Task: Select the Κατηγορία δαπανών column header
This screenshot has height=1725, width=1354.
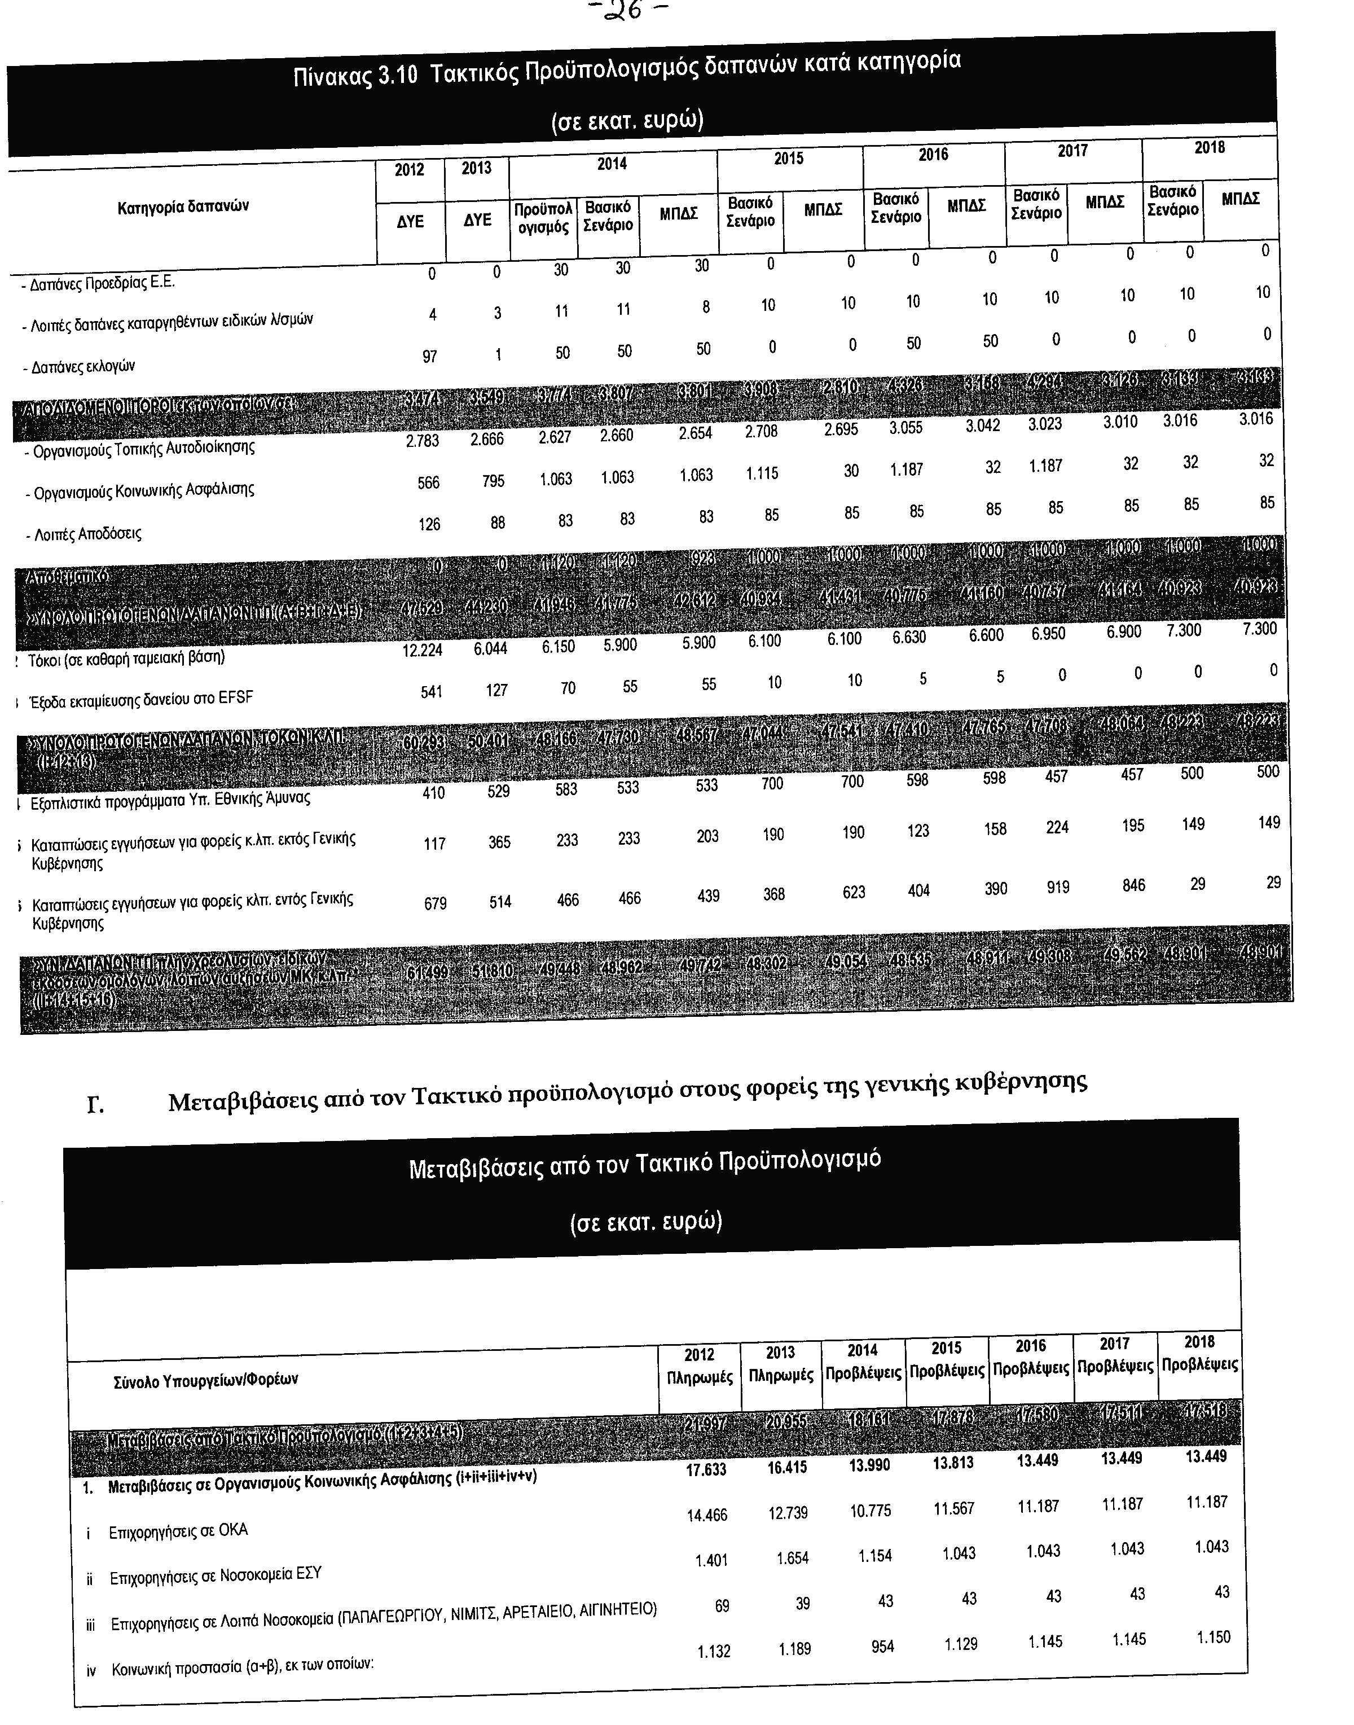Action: click(x=183, y=207)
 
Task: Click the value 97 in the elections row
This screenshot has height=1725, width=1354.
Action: click(x=430, y=356)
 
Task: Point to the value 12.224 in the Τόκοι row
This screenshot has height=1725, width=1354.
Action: click(x=422, y=650)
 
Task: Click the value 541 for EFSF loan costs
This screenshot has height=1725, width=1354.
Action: click(x=432, y=692)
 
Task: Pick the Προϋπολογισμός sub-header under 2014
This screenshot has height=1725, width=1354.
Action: click(x=543, y=218)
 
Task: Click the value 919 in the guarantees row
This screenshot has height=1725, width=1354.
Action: click(x=1057, y=887)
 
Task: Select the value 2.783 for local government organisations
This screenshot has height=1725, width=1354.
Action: click(x=422, y=441)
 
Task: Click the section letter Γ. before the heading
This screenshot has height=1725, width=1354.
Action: click(x=96, y=1105)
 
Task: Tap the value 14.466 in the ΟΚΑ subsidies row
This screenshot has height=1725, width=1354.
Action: click(x=706, y=1515)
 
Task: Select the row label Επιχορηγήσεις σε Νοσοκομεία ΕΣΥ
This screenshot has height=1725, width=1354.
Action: click(x=216, y=1574)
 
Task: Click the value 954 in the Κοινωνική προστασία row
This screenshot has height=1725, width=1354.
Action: click(x=882, y=1647)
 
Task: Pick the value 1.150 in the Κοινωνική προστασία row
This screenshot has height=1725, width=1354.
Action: click(x=1213, y=1637)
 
